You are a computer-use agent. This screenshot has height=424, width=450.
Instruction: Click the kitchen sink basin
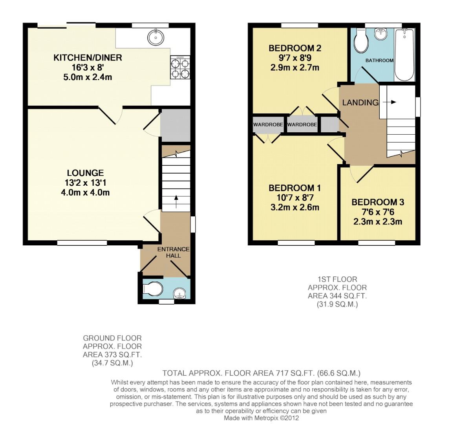tap(155, 38)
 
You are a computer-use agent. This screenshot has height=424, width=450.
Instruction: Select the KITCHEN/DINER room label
tap(88, 58)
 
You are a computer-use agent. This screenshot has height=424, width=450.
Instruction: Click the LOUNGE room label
tap(85, 173)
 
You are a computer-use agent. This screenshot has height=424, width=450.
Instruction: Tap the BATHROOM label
tap(379, 60)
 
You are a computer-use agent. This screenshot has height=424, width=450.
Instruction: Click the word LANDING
tap(360, 103)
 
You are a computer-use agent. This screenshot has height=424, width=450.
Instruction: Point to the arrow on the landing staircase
tap(392, 102)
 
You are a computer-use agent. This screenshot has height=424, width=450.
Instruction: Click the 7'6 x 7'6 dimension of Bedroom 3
tap(378, 212)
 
